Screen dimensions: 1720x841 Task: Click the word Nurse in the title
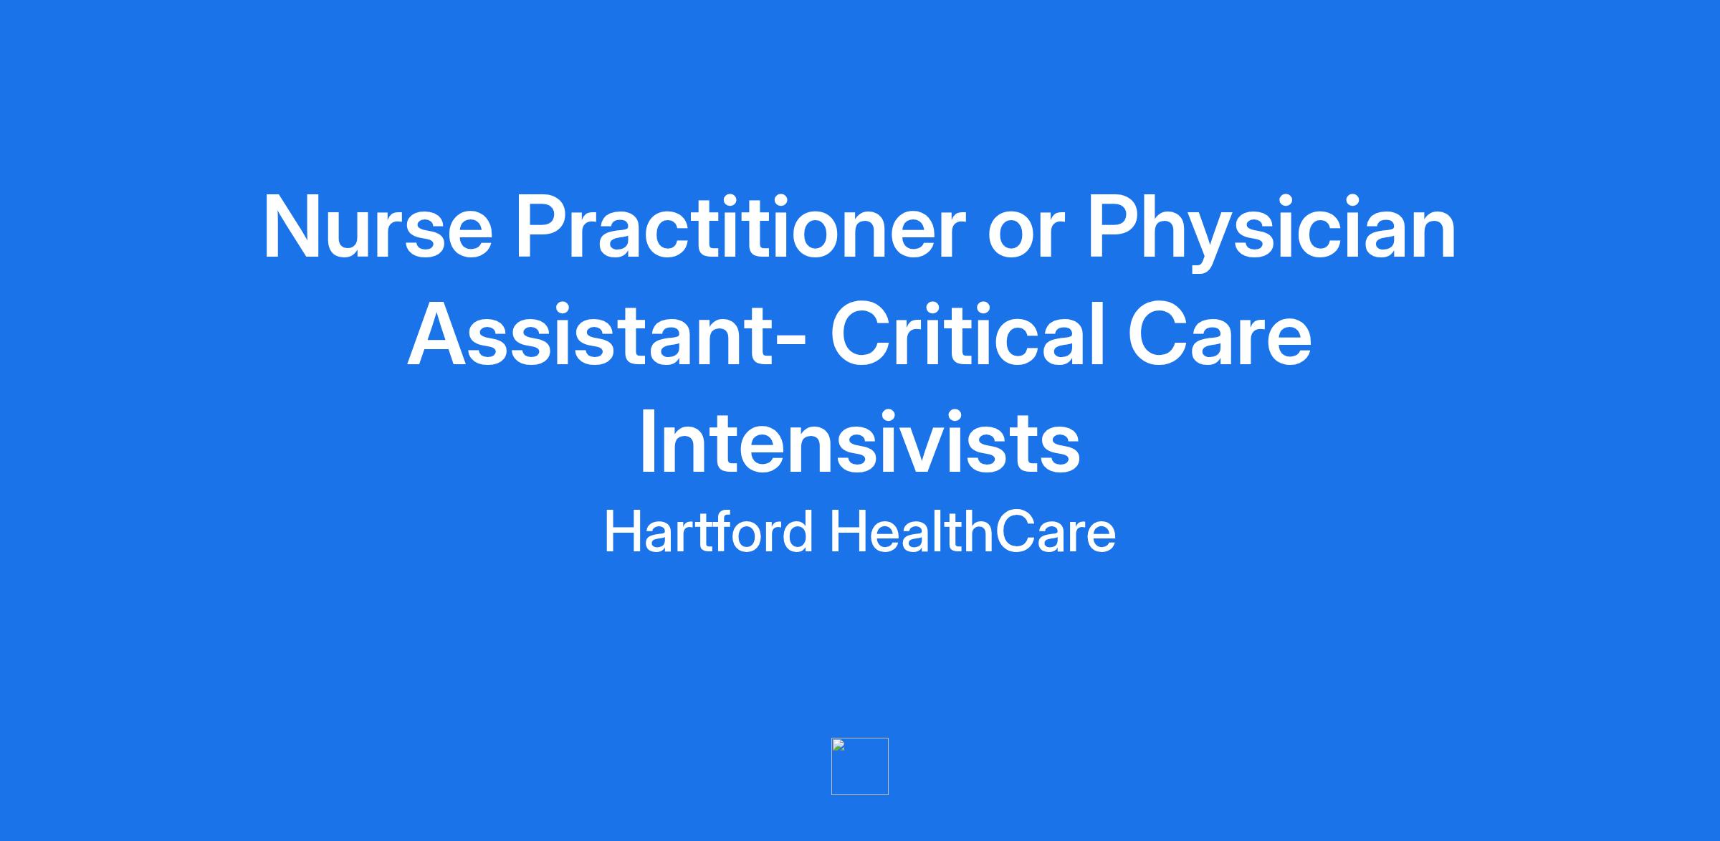(378, 227)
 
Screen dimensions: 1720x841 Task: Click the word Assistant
(597, 335)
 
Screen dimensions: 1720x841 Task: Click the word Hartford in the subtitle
(709, 531)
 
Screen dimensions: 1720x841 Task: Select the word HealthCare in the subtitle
(973, 531)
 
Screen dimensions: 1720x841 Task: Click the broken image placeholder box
(860, 766)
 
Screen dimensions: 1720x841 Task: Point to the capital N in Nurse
(292, 227)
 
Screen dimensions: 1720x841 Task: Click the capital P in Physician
(1113, 227)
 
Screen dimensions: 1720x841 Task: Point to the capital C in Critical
(860, 335)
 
